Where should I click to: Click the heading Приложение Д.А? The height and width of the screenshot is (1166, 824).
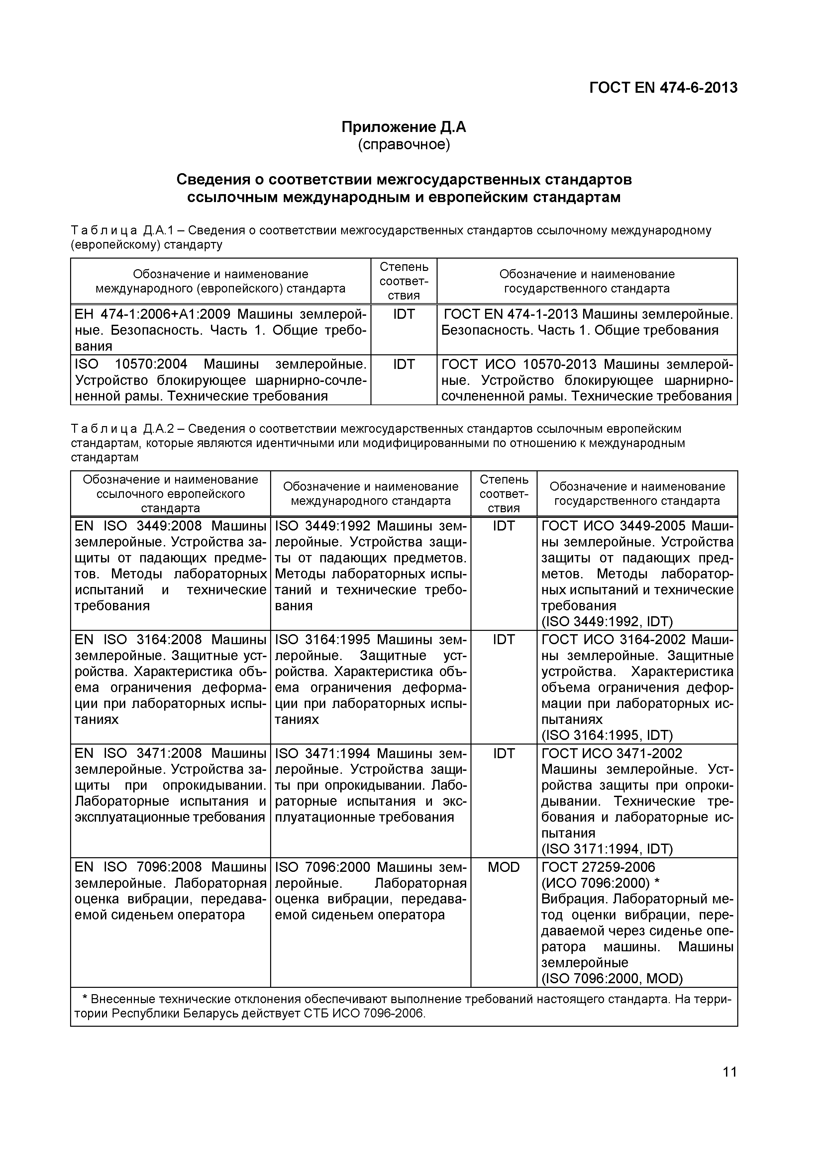[404, 127]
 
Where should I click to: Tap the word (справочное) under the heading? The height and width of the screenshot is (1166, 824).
[404, 145]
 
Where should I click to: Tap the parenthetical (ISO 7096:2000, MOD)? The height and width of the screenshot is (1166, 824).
[612, 978]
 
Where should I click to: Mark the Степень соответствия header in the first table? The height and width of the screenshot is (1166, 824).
[404, 281]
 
